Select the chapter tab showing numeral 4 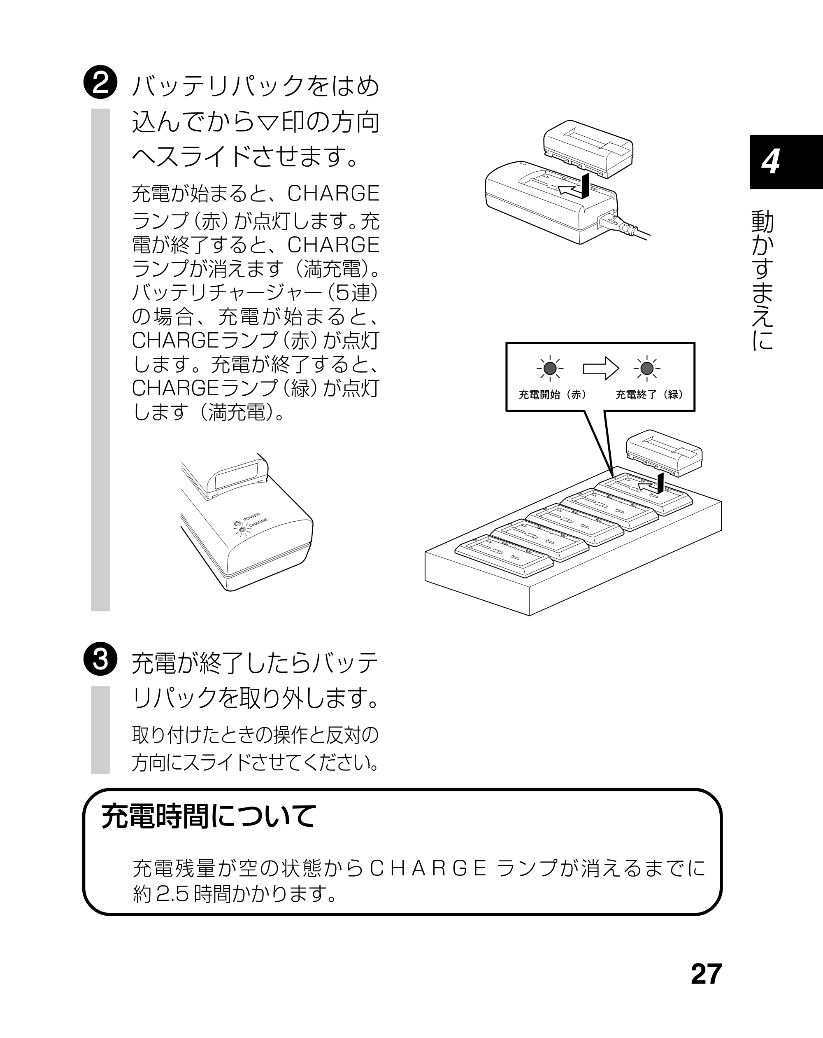tap(786, 162)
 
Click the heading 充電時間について tap(209, 816)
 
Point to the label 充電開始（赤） tap(552, 395)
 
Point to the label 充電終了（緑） tap(649, 395)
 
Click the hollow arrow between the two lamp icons tap(601, 369)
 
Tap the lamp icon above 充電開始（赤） tap(550, 369)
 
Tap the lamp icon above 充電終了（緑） tap(647, 369)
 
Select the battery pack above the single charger tap(588, 148)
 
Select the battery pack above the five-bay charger tap(664, 453)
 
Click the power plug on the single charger tap(616, 225)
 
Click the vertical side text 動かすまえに tap(763, 279)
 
